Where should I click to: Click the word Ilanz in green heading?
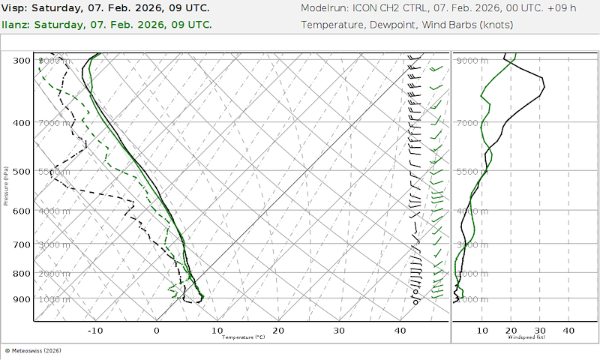point(16,24)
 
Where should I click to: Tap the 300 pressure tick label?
point(22,61)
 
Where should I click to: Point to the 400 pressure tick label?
point(22,123)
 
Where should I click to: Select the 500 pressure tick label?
point(22,172)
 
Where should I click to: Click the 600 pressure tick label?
point(22,211)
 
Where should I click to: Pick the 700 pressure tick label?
point(22,245)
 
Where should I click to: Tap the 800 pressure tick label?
point(22,274)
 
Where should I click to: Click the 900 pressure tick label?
point(22,300)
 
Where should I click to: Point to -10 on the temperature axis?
point(95,330)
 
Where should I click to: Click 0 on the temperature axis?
point(157,330)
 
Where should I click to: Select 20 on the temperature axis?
point(278,330)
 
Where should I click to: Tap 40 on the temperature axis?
point(400,330)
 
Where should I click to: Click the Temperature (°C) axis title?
point(244,337)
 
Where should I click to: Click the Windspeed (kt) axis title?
point(525,337)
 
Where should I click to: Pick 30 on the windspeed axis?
point(539,330)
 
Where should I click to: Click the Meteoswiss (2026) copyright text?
point(34,350)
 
